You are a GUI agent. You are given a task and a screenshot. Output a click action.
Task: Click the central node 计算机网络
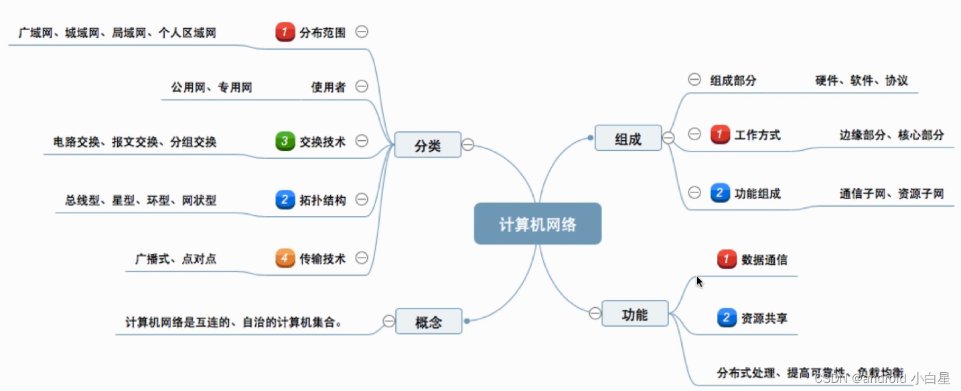[x=537, y=224]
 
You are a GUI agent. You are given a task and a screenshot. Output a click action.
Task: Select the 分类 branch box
[x=427, y=145]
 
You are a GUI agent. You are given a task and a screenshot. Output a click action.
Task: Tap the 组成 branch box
[x=627, y=138]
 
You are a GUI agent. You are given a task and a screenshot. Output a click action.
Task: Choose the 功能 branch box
[x=634, y=313]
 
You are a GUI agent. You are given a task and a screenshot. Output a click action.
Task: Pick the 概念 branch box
[x=429, y=321]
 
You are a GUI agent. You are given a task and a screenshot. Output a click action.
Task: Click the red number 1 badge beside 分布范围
[x=285, y=32]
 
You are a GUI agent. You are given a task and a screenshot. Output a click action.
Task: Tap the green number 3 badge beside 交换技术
[x=285, y=142]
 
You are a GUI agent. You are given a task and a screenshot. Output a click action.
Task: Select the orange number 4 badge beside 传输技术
[x=285, y=258]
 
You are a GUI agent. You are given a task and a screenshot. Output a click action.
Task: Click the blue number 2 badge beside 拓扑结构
[x=285, y=199]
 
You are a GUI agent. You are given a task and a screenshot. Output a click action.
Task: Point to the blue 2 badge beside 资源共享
[x=727, y=317]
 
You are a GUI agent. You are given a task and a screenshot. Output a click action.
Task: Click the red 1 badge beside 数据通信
[x=727, y=259]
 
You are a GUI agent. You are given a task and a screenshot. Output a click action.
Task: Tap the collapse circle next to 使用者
[x=362, y=86]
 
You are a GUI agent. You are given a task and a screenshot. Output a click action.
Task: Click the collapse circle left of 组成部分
[x=694, y=79]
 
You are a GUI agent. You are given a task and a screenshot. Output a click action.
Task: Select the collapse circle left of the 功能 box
[x=595, y=313]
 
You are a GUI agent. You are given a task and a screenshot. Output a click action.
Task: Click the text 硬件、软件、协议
[x=861, y=80]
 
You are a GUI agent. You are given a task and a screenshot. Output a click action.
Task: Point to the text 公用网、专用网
[x=211, y=87]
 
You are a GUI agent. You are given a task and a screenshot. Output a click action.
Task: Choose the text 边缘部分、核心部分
[x=891, y=135]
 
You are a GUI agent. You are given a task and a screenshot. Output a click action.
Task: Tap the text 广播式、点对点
[x=175, y=259]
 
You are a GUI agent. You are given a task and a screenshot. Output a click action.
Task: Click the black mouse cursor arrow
[x=699, y=282]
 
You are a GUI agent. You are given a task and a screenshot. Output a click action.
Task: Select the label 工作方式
[x=757, y=135]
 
